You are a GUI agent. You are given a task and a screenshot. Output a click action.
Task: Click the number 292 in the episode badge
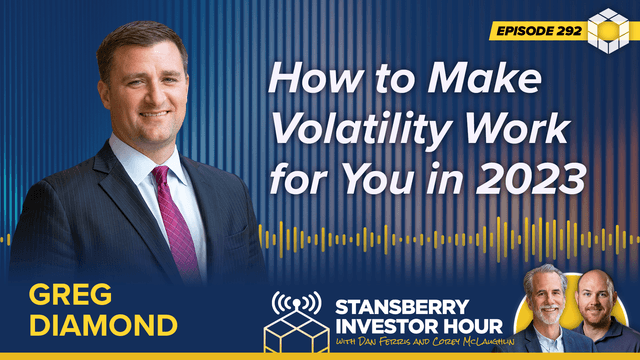[565, 31]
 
